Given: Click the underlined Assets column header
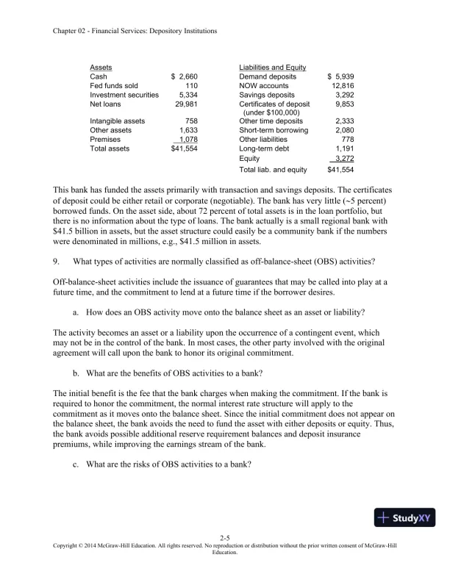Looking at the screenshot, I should pyautogui.click(x=101, y=67).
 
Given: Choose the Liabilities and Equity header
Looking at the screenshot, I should pyautogui.click(x=272, y=67).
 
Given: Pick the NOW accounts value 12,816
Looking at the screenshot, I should pyautogui.click(x=342, y=85).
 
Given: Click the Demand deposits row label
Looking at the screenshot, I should pyautogui.click(x=268, y=76).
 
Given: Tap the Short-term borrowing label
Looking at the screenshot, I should pyautogui.click(x=274, y=130).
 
